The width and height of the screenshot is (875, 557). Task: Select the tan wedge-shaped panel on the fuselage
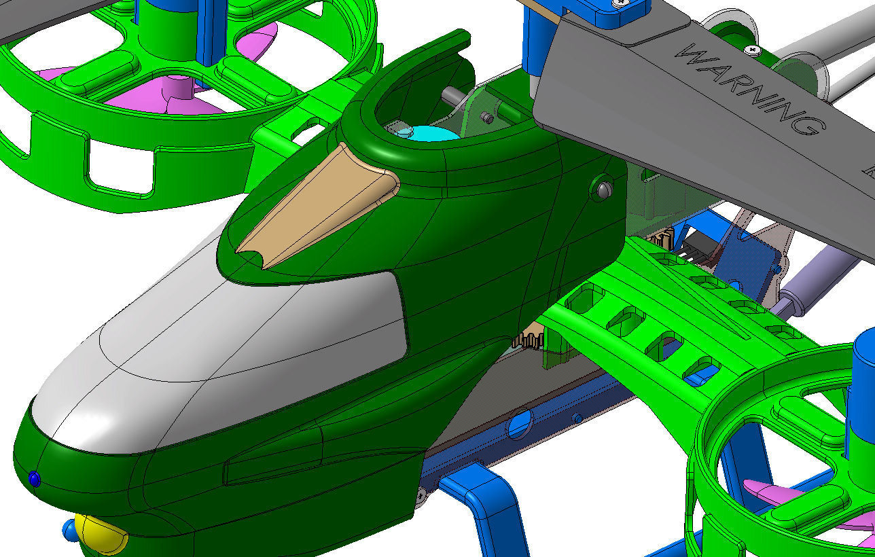(x=319, y=206)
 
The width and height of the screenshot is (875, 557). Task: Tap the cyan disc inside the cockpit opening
(x=435, y=133)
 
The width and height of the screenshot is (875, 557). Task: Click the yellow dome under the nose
(x=101, y=534)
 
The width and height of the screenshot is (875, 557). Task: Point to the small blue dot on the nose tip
(x=34, y=479)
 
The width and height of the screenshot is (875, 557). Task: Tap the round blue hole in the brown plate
(x=520, y=425)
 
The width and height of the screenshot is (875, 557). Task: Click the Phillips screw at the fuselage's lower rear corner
(x=421, y=495)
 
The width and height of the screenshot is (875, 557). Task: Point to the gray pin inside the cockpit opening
(x=450, y=96)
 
